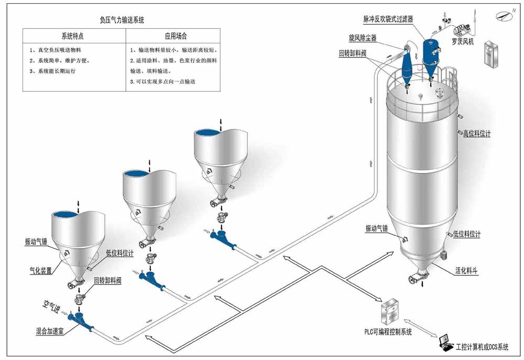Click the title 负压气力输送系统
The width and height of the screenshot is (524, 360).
click(x=122, y=20)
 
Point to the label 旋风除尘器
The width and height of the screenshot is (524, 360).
click(x=363, y=38)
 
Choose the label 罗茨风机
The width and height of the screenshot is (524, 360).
click(x=463, y=41)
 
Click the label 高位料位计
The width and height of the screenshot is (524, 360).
click(x=476, y=134)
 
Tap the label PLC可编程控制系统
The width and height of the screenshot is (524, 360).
click(x=388, y=332)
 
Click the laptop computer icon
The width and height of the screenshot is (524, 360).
click(x=446, y=343)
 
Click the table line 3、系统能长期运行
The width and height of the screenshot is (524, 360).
click(x=52, y=70)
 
